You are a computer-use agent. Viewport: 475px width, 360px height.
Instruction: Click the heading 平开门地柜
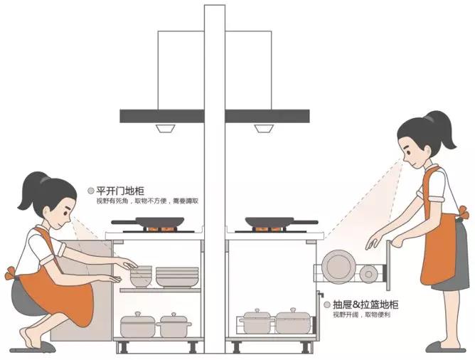pyautogui.click(x=120, y=191)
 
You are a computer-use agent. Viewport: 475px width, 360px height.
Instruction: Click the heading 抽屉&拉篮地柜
pyautogui.click(x=365, y=305)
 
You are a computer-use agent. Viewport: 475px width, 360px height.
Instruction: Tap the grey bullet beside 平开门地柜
pyautogui.click(x=90, y=191)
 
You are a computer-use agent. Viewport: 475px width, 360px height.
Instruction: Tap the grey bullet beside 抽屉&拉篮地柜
pyautogui.click(x=327, y=305)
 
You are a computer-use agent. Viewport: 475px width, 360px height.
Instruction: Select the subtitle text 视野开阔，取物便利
pyautogui.click(x=362, y=314)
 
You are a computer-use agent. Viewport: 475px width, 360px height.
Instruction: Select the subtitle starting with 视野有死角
pyautogui.click(x=147, y=201)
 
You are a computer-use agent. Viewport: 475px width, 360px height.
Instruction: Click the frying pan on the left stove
pyautogui.click(x=149, y=222)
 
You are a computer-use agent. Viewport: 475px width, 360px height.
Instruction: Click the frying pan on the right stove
pyautogui.click(x=281, y=222)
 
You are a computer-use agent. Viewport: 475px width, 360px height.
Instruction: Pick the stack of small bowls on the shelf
pyautogui.click(x=141, y=276)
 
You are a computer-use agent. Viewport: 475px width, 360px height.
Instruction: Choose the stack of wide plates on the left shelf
pyautogui.click(x=177, y=277)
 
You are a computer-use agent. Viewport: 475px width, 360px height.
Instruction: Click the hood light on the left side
pyautogui.click(x=166, y=128)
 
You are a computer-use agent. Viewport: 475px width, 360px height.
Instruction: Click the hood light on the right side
pyautogui.click(x=264, y=128)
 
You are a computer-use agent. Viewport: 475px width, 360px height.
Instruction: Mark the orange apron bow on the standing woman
pyautogui.click(x=464, y=213)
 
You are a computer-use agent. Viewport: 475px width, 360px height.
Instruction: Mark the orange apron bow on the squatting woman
pyautogui.click(x=10, y=273)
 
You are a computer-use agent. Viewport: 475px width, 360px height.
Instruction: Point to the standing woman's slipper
pyautogui.click(x=445, y=347)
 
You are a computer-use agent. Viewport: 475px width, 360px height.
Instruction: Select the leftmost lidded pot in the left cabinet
pyautogui.click(x=138, y=324)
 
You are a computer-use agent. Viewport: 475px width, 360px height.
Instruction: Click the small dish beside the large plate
pyautogui.click(x=368, y=274)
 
